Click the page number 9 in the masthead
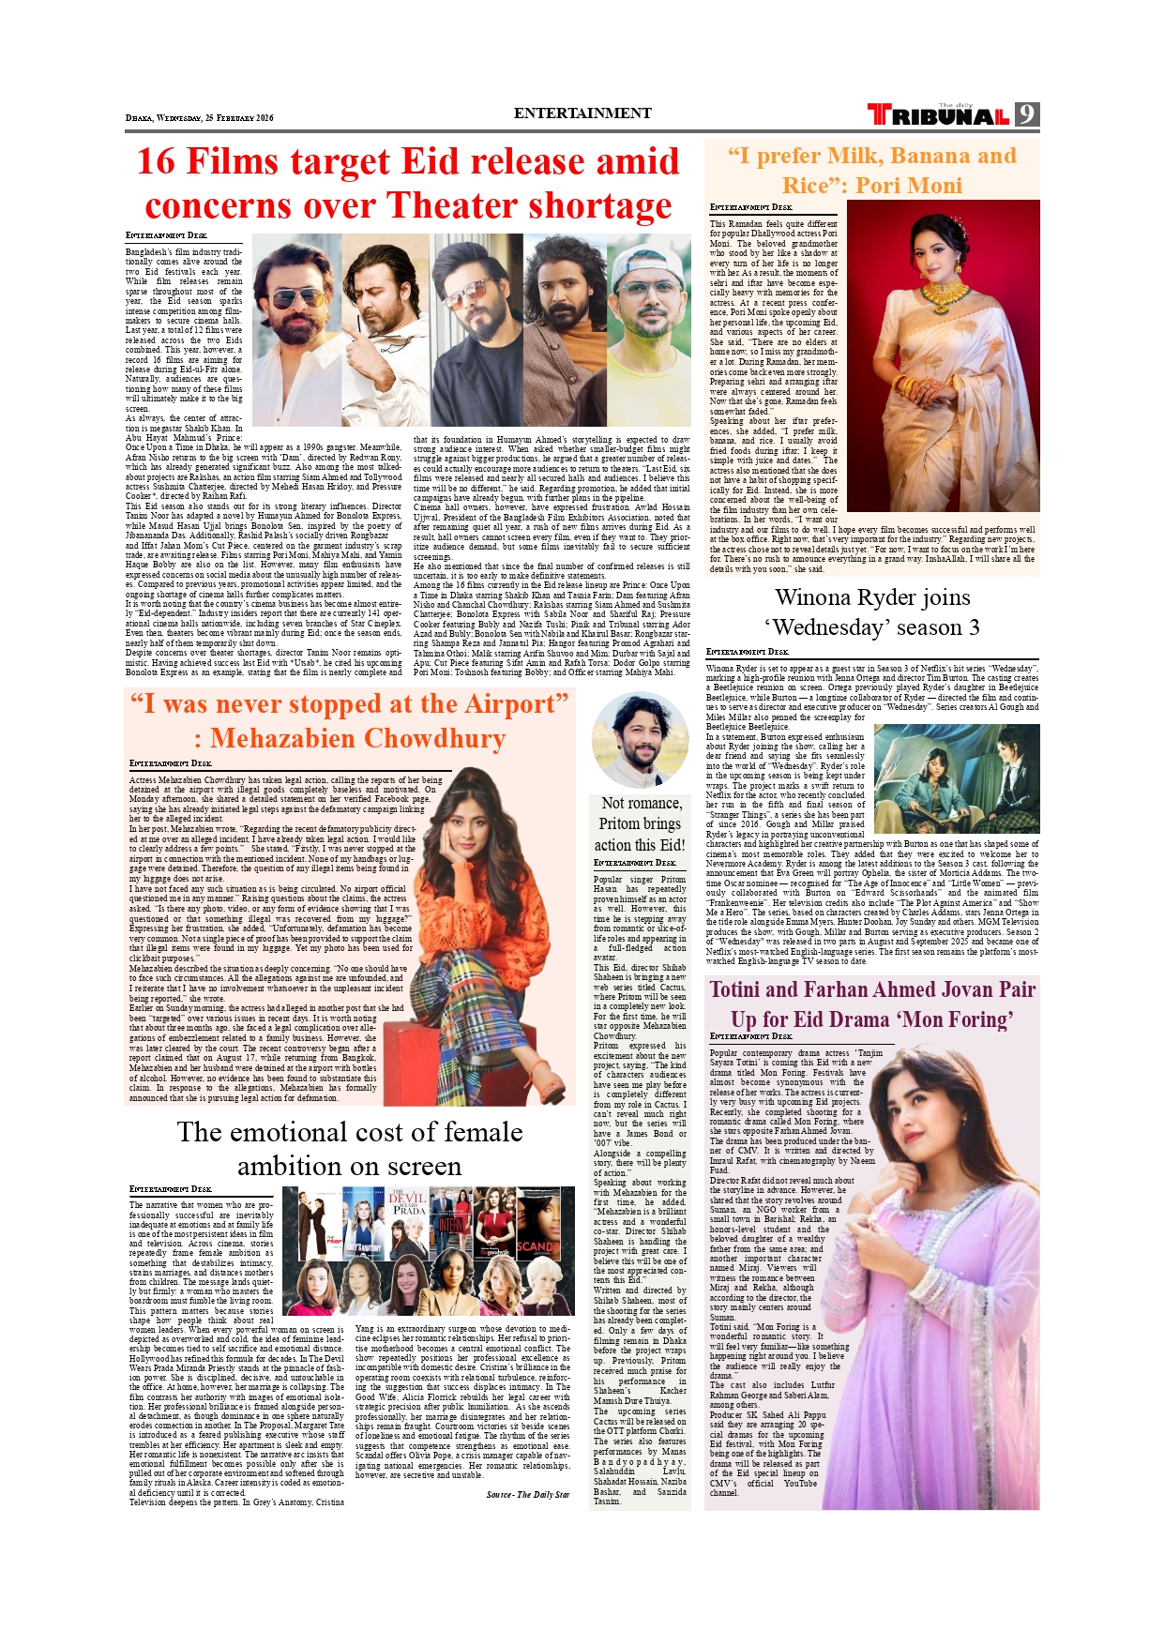[1027, 114]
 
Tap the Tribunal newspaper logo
[938, 115]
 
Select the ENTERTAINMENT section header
[582, 113]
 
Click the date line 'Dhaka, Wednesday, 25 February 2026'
[199, 118]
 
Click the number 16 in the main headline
[156, 161]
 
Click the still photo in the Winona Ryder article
[956, 778]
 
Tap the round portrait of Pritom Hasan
[640, 739]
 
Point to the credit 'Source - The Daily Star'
[527, 1495]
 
